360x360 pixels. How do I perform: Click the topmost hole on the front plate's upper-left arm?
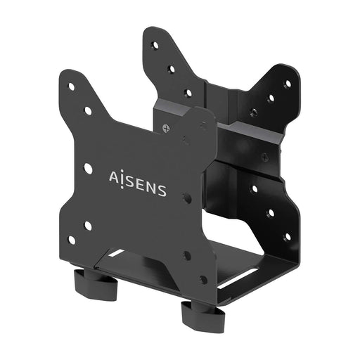pos(70,86)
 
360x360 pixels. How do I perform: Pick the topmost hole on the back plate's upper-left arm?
pos(155,45)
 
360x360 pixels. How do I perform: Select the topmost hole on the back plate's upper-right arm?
pos(287,84)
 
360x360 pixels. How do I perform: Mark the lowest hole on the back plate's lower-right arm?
pos(286,236)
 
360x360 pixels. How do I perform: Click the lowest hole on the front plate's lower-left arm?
pos(70,240)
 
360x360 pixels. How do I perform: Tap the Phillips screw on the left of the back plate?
pos(166,128)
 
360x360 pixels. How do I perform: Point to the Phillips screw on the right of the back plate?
pos(264,157)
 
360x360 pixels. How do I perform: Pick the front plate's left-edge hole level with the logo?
pos(87,168)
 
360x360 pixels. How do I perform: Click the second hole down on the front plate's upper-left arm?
pos(87,110)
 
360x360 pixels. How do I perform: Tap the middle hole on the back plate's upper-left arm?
pos(171,69)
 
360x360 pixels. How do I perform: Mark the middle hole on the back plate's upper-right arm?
pos(270,98)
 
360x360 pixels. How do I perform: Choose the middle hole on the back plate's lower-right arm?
pos(270,212)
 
